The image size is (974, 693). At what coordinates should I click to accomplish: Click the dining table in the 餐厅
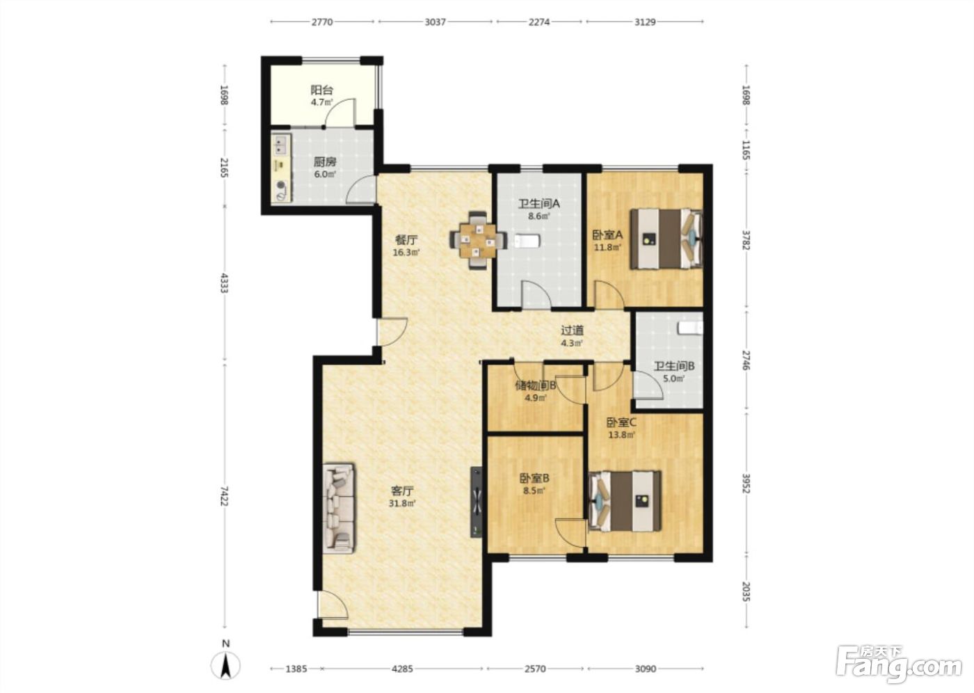click(479, 240)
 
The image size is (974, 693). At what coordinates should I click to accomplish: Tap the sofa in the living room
click(338, 508)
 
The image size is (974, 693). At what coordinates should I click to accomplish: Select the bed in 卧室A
click(667, 239)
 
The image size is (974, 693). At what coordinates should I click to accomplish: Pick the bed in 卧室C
click(625, 501)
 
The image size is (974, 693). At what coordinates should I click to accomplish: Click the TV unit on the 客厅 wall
click(477, 502)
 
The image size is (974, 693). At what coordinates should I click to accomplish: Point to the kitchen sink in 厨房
click(281, 145)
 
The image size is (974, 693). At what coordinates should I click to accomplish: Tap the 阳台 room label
click(321, 90)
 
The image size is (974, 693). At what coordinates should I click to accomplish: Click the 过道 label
click(572, 330)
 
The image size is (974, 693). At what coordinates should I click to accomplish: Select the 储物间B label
click(536, 385)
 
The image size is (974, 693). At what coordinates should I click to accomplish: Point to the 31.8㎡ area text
click(402, 504)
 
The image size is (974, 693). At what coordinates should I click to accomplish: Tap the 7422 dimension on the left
click(224, 495)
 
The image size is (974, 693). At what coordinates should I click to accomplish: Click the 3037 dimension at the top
click(435, 22)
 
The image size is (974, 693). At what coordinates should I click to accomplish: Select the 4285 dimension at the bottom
click(402, 669)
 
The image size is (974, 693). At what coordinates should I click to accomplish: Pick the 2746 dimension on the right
click(746, 360)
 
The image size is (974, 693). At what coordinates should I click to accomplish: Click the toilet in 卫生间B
click(691, 328)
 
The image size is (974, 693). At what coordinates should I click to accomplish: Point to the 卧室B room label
click(534, 479)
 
